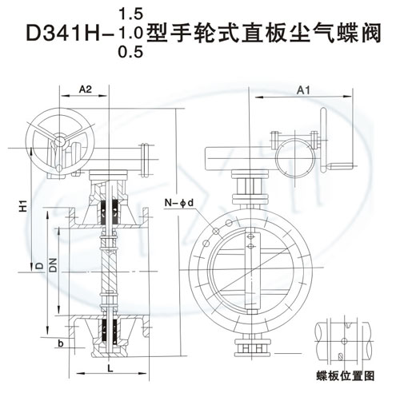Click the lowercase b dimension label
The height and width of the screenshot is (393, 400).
[59, 344]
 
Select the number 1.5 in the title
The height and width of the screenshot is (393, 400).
[128, 13]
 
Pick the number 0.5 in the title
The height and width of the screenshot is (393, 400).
[128, 53]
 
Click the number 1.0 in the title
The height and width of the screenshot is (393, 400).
[128, 33]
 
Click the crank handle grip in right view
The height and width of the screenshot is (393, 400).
[340, 166]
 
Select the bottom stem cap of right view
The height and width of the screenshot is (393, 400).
[248, 349]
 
